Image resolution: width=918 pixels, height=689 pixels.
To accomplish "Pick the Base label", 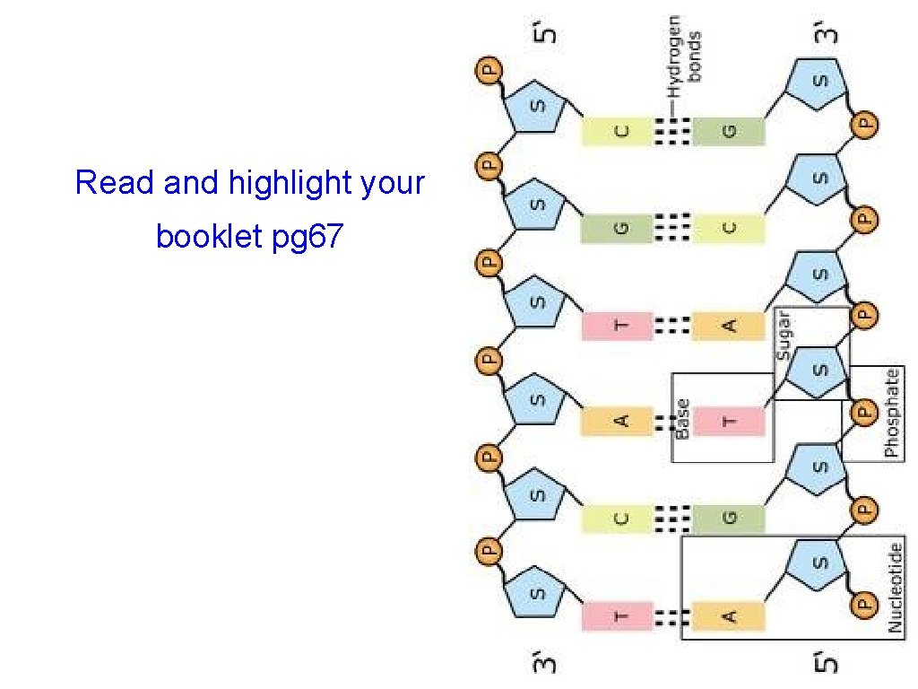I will pos(682,419).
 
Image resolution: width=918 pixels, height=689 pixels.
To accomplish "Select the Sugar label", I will pos(784,336).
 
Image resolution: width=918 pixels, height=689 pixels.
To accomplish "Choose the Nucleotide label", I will pos(896,588).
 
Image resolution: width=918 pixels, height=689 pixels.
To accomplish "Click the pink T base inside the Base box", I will pos(730,420).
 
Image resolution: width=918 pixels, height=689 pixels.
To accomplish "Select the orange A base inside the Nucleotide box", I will pos(728,615).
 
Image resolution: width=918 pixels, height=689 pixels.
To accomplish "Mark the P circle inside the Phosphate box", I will pos(862,412).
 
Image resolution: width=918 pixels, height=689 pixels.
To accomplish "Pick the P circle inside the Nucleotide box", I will pos(862,605).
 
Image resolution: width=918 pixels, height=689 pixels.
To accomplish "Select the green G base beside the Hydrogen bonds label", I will pos(728,131).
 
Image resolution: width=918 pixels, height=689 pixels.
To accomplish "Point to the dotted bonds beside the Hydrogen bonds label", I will pos(671,131).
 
